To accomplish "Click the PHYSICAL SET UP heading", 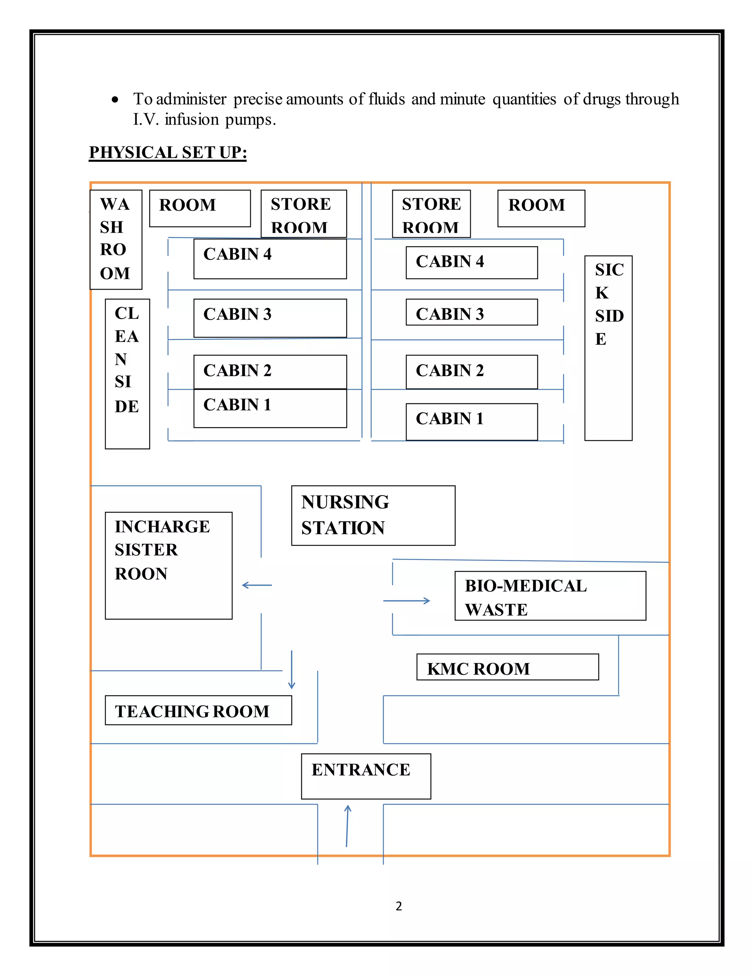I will point(168,153).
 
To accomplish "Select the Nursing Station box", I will point(373,515).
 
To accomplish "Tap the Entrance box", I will point(366,776).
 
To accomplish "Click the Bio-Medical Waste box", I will point(550,596).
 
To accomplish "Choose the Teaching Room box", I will point(198,710).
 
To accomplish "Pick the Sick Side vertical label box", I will point(608,348).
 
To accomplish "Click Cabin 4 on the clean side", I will point(270,259).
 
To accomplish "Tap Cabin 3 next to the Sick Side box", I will point(471,312).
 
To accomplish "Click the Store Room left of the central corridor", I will point(303,214).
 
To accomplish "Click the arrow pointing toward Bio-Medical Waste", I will point(406,600).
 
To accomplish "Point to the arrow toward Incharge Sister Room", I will point(257,585).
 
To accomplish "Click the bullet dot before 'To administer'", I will point(115,100).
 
